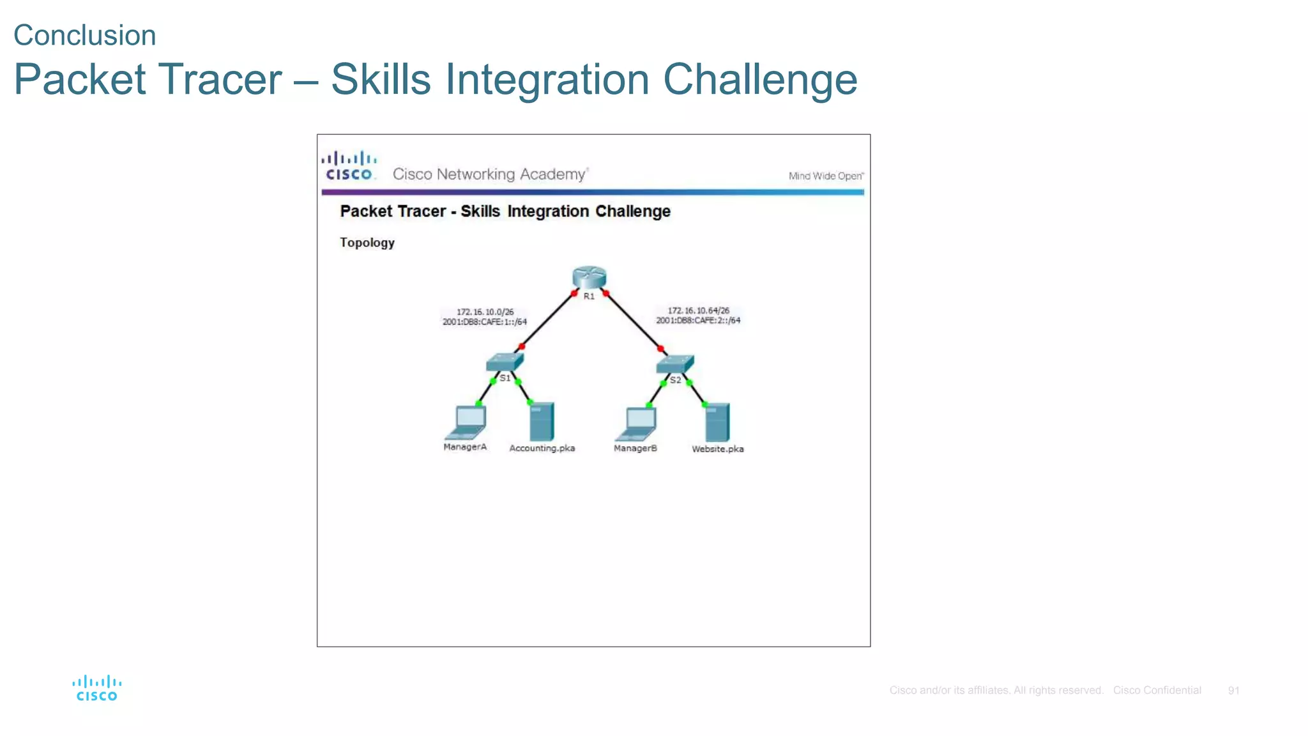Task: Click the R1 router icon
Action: pyautogui.click(x=589, y=277)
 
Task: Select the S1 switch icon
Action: pyautogui.click(x=504, y=362)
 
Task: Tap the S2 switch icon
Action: pyautogui.click(x=674, y=364)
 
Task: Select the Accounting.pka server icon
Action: pyautogui.click(x=542, y=421)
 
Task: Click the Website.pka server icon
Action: pyautogui.click(x=717, y=422)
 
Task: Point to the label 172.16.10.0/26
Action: pyautogui.click(x=485, y=312)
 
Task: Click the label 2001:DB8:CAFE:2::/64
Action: pyautogui.click(x=698, y=321)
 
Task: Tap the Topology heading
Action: pyautogui.click(x=367, y=243)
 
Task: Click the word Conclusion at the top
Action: pyautogui.click(x=85, y=35)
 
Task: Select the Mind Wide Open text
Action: pyautogui.click(x=826, y=176)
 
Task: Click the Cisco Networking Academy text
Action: pyautogui.click(x=490, y=174)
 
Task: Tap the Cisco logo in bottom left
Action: pyautogui.click(x=97, y=688)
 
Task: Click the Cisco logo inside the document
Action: pyautogui.click(x=349, y=166)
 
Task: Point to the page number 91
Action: pyautogui.click(x=1233, y=691)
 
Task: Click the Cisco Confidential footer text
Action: pyautogui.click(x=1157, y=691)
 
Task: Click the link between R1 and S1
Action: pyautogui.click(x=548, y=320)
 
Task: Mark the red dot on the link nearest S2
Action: pyautogui.click(x=660, y=349)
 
